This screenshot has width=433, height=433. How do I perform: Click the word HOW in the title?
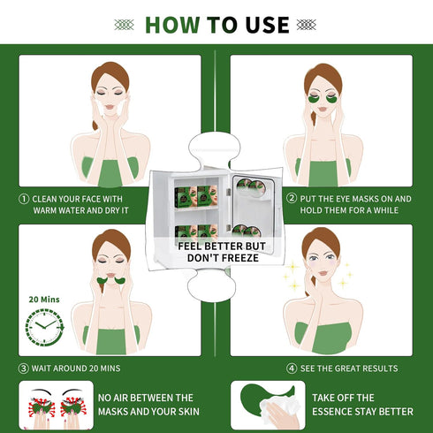172,25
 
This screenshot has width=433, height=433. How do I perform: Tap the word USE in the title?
267,25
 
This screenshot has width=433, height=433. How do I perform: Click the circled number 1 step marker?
24,199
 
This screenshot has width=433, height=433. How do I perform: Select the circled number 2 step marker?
292,198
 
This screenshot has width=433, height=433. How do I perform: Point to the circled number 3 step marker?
24,368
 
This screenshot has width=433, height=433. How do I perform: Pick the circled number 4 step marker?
292,368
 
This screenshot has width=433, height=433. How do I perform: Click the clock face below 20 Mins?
44,327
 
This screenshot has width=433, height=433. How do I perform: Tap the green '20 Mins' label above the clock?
44,300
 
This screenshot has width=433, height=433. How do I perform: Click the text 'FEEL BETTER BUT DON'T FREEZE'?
223,252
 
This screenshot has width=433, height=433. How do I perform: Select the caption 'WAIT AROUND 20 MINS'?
76,368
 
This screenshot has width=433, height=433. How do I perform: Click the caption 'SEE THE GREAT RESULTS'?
349,368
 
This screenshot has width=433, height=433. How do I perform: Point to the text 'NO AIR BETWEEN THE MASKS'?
148,405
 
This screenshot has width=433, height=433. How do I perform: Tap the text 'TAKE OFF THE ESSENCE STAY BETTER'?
362,405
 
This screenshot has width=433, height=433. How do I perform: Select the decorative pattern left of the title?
124,25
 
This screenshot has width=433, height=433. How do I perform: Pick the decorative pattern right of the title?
307,25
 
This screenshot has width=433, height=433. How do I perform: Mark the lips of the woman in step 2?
323,110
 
